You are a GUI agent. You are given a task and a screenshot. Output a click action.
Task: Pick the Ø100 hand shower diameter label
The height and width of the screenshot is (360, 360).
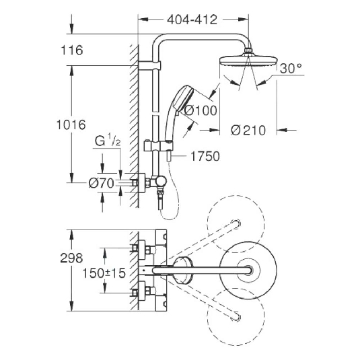pyautogui.click(x=201, y=110)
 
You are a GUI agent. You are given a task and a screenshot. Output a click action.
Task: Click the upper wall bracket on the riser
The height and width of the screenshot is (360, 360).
pyautogui.click(x=149, y=65)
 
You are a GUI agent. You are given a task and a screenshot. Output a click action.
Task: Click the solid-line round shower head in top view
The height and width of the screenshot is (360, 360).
pyautogui.click(x=250, y=270)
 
